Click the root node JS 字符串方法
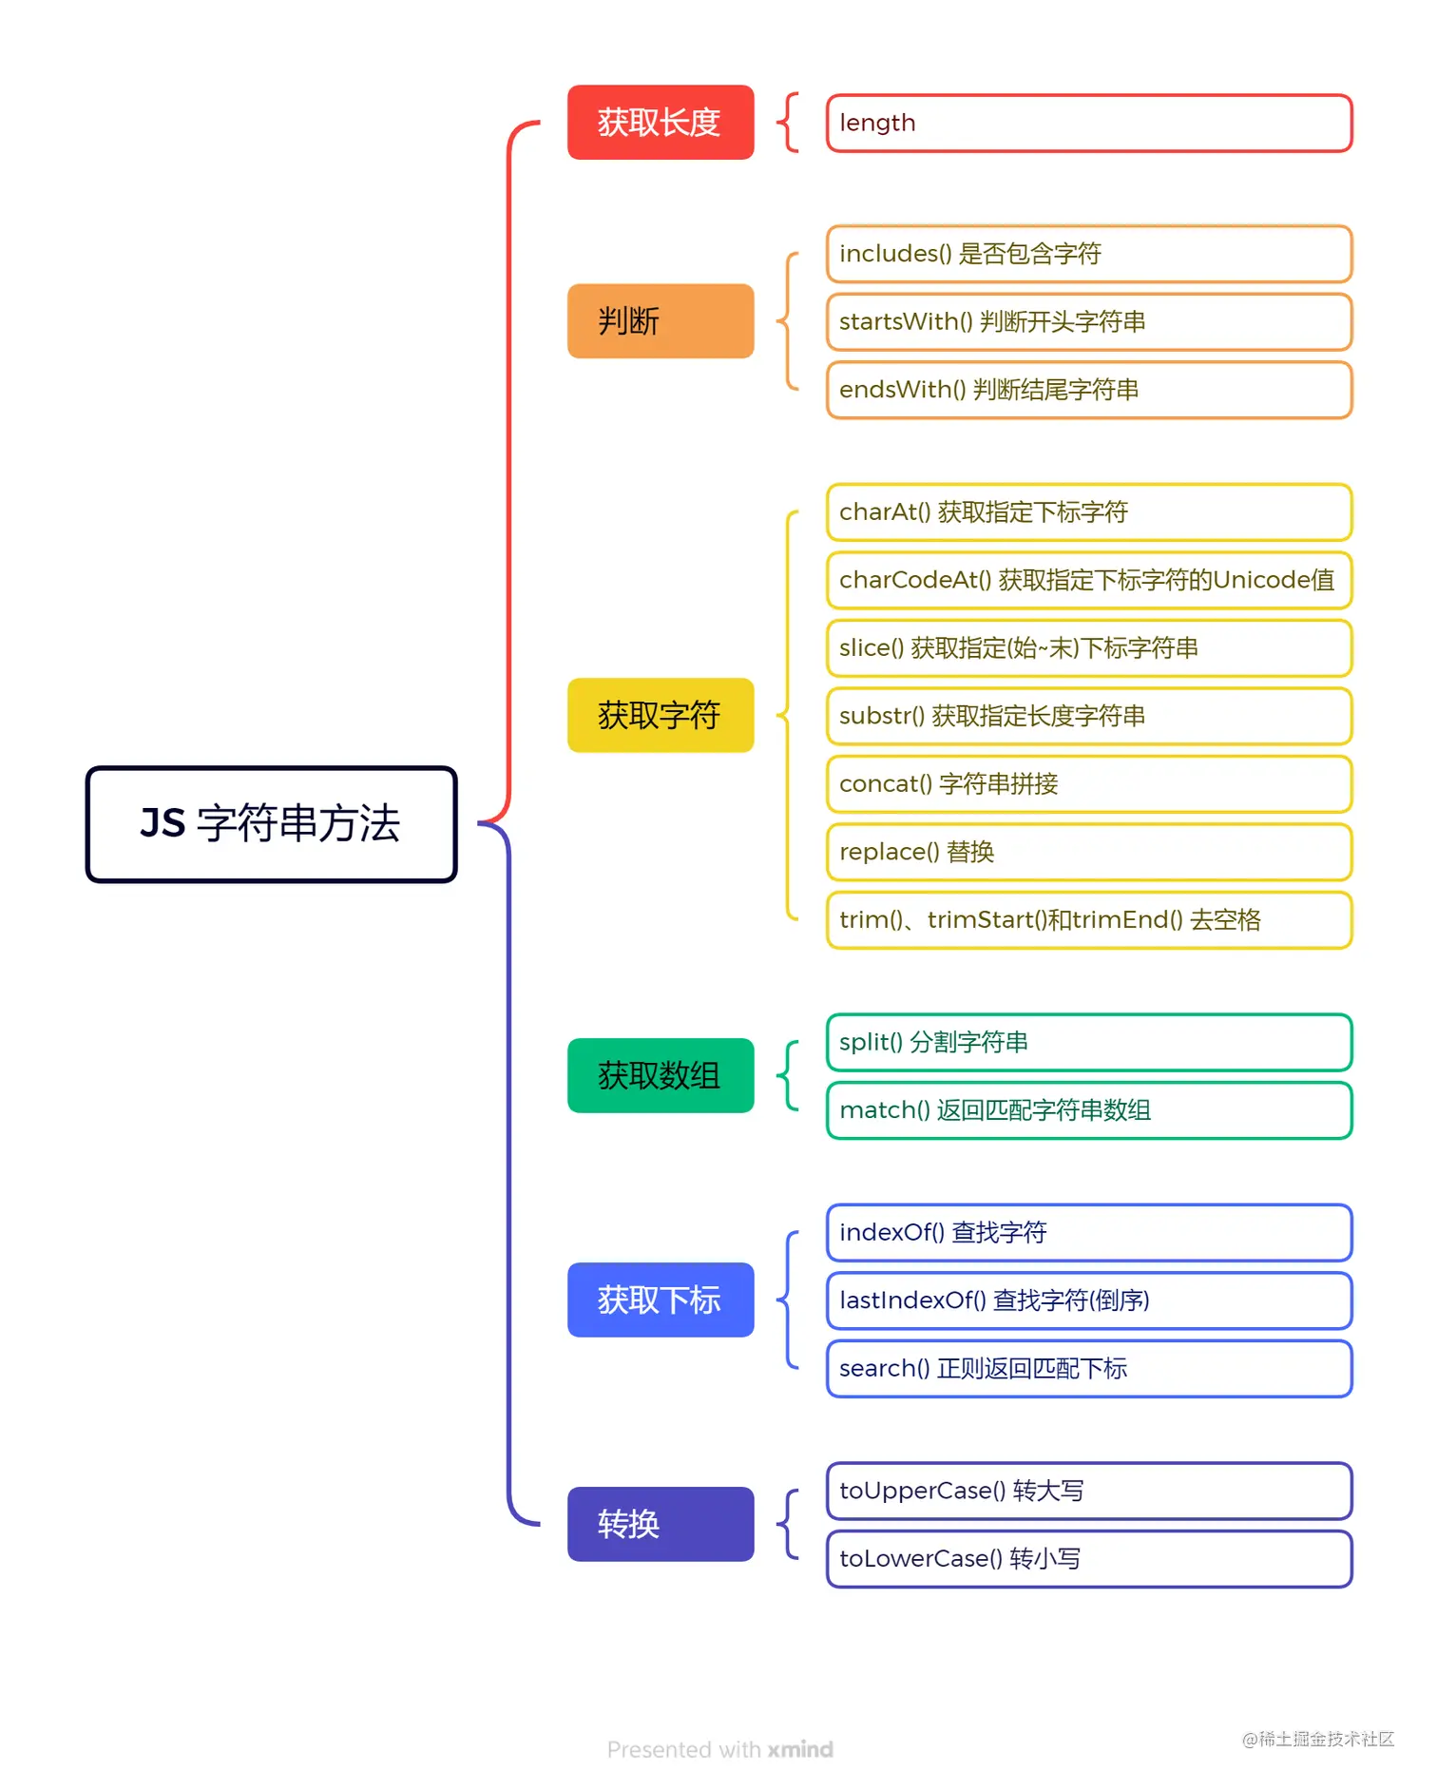[x=271, y=824]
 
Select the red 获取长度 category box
[x=661, y=123]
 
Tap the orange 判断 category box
[x=661, y=321]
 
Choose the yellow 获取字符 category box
[x=661, y=715]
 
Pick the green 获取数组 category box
[x=661, y=1075]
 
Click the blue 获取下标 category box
[x=661, y=1300]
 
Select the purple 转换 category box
[x=661, y=1524]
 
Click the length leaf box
[x=1088, y=123]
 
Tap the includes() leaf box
[x=1088, y=254]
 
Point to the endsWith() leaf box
[x=1088, y=390]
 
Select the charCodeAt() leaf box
[x=1088, y=580]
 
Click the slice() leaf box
[x=1088, y=648]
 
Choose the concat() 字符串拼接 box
[x=1088, y=784]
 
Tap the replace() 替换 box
[x=1088, y=852]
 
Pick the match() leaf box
[x=1088, y=1110]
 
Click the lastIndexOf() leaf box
[x=1088, y=1300]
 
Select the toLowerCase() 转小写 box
[x=1088, y=1559]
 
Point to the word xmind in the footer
[x=800, y=1749]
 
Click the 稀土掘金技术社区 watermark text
[x=1326, y=1739]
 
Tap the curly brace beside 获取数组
[x=788, y=1075]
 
